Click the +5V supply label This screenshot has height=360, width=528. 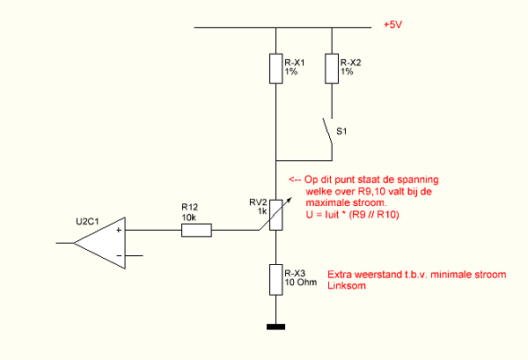click(392, 25)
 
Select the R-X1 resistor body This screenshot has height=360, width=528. click(275, 69)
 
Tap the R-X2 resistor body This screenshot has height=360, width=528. click(332, 69)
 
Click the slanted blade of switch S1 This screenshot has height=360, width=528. click(327, 131)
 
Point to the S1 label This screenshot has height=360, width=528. click(341, 131)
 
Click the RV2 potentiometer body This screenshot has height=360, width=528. click(275, 215)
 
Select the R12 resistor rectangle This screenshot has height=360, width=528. click(196, 231)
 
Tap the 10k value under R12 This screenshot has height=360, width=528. click(188, 217)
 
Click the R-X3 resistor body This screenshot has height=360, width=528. click(275, 280)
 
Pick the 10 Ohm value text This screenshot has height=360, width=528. click(301, 283)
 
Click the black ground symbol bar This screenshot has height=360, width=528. click(275, 327)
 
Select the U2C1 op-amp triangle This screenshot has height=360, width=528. click(99, 243)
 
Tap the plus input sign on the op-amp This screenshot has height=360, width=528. click(119, 231)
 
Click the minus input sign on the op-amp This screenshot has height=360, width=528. click(119, 255)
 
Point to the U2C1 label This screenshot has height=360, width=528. click(87, 222)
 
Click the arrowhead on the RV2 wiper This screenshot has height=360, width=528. click(289, 200)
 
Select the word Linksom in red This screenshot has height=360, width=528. click(347, 285)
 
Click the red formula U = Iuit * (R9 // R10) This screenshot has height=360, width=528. click(353, 215)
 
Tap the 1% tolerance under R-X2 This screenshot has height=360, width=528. click(347, 71)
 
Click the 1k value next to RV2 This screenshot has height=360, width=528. click(262, 211)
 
